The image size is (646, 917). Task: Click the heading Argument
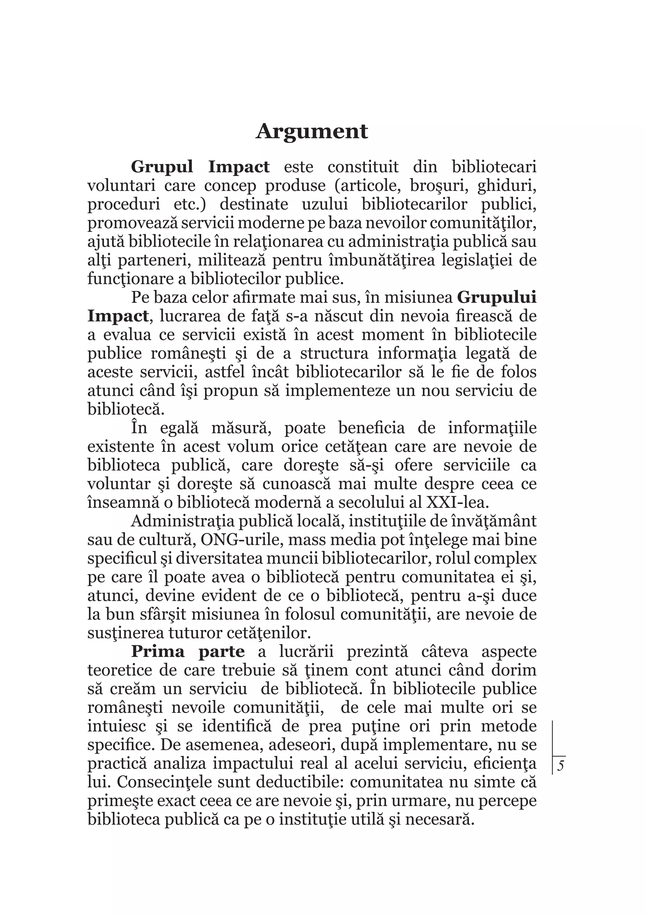tap(311, 131)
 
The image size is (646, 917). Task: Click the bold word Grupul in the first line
tap(162, 167)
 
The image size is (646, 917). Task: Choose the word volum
tap(254, 447)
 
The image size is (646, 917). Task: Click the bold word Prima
tap(158, 651)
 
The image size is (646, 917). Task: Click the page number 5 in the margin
tap(561, 766)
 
